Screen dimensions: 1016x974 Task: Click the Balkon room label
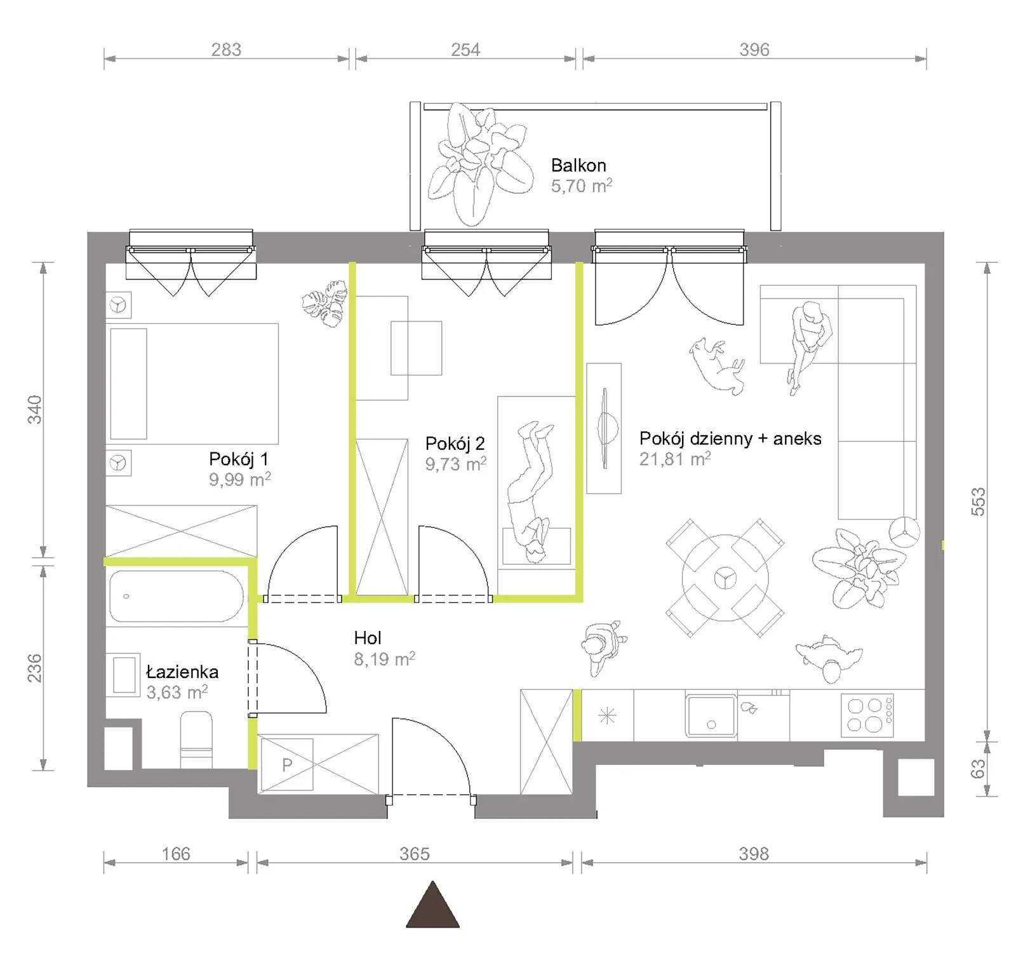pyautogui.click(x=578, y=165)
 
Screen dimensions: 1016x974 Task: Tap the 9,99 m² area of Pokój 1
pyautogui.click(x=240, y=479)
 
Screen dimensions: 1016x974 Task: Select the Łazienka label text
pyautogui.click(x=182, y=672)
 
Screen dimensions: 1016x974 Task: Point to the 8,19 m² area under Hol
pyautogui.click(x=385, y=659)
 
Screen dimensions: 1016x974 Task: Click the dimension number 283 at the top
pyautogui.click(x=226, y=50)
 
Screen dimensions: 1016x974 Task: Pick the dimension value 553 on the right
pyautogui.click(x=979, y=501)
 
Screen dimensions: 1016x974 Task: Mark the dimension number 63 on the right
pyautogui.click(x=979, y=769)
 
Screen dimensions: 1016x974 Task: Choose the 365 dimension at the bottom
pyautogui.click(x=415, y=853)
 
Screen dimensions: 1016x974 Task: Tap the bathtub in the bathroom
pyautogui.click(x=176, y=596)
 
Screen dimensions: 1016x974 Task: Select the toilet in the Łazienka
pyautogui.click(x=196, y=740)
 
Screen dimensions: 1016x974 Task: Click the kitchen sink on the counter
pyautogui.click(x=711, y=715)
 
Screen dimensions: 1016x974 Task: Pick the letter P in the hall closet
pyautogui.click(x=287, y=764)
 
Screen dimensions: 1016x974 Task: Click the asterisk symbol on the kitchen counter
pyautogui.click(x=608, y=717)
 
